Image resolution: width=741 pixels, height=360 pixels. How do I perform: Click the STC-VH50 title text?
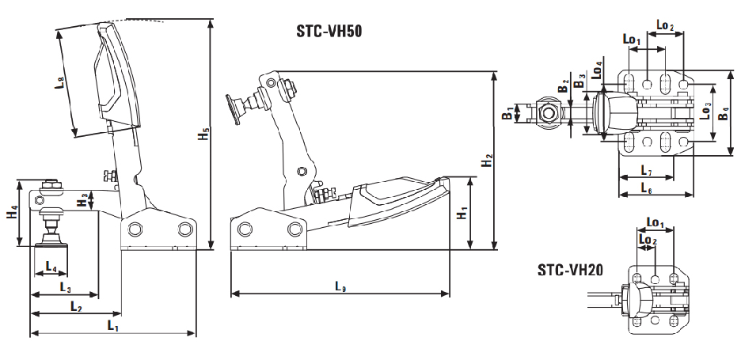click(329, 32)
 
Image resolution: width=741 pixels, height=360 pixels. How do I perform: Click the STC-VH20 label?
click(570, 271)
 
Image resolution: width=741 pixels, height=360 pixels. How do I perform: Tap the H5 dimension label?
click(203, 134)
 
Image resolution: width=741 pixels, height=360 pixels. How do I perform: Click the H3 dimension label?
click(82, 199)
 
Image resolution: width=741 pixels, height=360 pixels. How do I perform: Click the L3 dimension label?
click(66, 286)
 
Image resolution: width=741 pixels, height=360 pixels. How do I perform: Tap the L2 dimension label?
click(76, 306)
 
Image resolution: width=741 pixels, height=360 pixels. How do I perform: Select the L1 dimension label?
click(112, 325)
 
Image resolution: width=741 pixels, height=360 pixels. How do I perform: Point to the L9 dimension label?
click(340, 286)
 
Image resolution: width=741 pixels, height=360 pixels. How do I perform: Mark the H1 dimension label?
click(462, 213)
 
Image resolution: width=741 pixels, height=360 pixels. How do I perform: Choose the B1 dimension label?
click(507, 113)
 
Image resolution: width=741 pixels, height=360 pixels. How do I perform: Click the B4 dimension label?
click(723, 112)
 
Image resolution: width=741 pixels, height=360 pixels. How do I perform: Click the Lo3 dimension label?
click(705, 111)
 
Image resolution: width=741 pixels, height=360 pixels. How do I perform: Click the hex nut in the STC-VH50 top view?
click(548, 113)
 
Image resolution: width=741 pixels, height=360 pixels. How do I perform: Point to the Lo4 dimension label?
click(598, 70)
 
